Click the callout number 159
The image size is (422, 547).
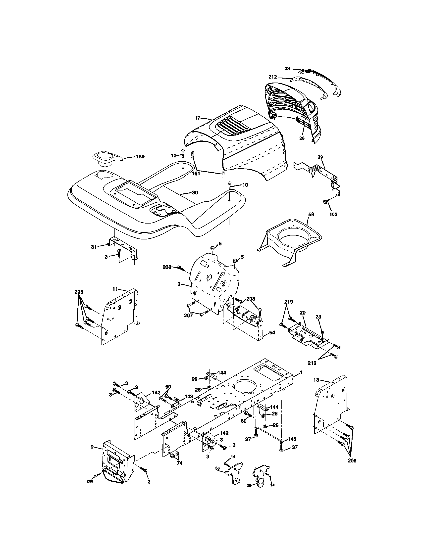click(x=140, y=157)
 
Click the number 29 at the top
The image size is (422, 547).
click(x=287, y=68)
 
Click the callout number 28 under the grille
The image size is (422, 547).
click(x=302, y=138)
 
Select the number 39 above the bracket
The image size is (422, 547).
click(x=320, y=157)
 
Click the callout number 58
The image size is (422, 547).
click(x=311, y=215)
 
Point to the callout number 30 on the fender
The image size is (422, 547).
click(x=195, y=193)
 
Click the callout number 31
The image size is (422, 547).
click(x=94, y=247)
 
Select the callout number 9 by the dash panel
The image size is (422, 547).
click(x=179, y=285)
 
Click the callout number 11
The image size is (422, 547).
click(x=115, y=289)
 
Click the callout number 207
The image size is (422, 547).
click(x=188, y=315)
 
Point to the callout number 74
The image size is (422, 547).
click(x=179, y=463)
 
